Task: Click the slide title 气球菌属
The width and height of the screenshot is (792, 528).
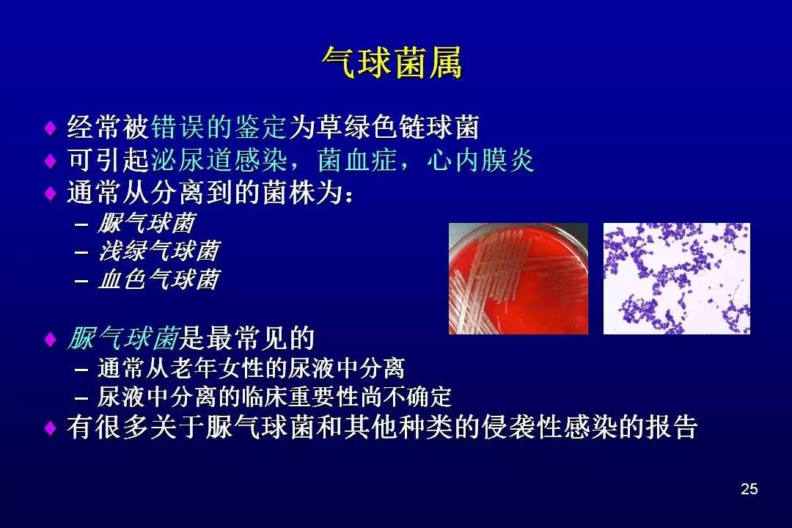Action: (392, 63)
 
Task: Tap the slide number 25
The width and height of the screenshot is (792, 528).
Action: (749, 488)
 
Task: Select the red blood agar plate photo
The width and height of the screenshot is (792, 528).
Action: (518, 279)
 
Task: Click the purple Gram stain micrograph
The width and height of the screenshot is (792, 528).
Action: (676, 279)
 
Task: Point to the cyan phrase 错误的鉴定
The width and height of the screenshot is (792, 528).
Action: (219, 127)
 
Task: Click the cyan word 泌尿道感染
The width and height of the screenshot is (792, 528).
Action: (219, 160)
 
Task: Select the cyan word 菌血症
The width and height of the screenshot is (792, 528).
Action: (357, 160)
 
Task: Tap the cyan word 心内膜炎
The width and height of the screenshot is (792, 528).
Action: (480, 160)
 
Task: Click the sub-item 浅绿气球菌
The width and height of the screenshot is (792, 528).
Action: (159, 251)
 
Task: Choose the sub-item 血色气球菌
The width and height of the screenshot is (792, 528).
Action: (159, 279)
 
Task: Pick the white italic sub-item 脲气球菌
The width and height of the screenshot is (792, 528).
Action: (147, 223)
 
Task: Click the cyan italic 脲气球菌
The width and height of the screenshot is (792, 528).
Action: (123, 338)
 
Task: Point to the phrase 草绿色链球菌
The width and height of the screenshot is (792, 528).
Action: (397, 127)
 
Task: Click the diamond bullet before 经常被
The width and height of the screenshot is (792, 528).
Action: (51, 128)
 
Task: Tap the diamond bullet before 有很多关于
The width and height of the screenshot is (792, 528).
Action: (51, 428)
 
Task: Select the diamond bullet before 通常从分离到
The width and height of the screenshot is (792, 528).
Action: (51, 193)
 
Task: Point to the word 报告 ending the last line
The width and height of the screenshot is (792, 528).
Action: (670, 428)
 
